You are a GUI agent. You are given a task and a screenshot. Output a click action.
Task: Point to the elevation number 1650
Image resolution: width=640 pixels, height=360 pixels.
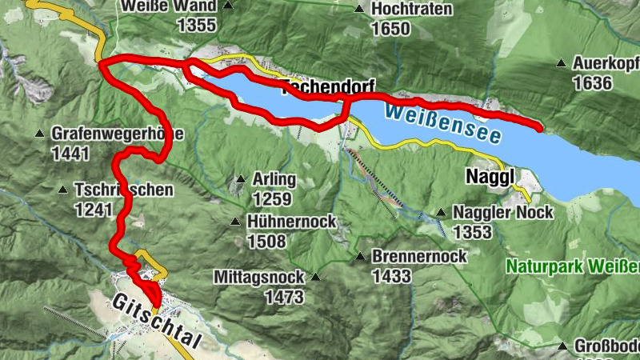pyautogui.click(x=390, y=30)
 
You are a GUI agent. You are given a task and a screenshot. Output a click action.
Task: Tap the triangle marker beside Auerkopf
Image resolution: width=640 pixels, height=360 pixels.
pyautogui.click(x=562, y=62)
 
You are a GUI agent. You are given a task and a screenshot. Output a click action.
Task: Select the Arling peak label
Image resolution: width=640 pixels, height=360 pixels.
pyautogui.click(x=274, y=179)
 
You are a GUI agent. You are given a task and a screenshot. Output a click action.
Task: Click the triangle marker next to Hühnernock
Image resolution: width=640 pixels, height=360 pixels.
pyautogui.click(x=235, y=222)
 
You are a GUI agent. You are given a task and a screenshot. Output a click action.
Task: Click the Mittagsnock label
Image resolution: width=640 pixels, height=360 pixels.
pyautogui.click(x=258, y=278)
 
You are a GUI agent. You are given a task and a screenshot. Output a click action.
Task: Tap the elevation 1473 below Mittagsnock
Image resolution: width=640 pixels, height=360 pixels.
pyautogui.click(x=284, y=298)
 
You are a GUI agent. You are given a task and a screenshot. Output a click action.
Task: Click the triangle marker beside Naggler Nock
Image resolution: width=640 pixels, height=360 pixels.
pyautogui.click(x=441, y=213)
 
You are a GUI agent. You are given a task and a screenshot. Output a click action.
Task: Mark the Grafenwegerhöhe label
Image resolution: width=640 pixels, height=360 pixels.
pyautogui.click(x=118, y=134)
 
